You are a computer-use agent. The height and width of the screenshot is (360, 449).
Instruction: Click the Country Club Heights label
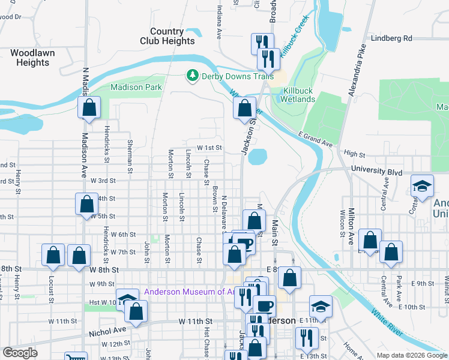point(167,36)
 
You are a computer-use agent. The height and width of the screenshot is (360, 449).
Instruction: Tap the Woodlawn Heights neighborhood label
point(33,58)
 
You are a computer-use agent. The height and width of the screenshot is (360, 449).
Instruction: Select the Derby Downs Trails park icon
point(192,76)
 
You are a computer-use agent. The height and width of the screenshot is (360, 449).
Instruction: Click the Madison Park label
point(136,87)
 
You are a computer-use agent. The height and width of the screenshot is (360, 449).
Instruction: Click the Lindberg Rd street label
point(392,38)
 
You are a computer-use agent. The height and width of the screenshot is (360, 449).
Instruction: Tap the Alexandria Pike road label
point(358,70)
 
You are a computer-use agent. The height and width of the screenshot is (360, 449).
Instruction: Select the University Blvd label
point(376,171)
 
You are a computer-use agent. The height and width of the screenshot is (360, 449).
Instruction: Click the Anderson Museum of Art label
point(188,292)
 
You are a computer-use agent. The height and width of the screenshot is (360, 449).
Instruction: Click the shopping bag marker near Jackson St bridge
point(244,109)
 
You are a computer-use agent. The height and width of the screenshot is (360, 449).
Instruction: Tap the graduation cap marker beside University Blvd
point(422,185)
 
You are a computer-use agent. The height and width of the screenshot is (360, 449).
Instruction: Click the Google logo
point(20,353)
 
